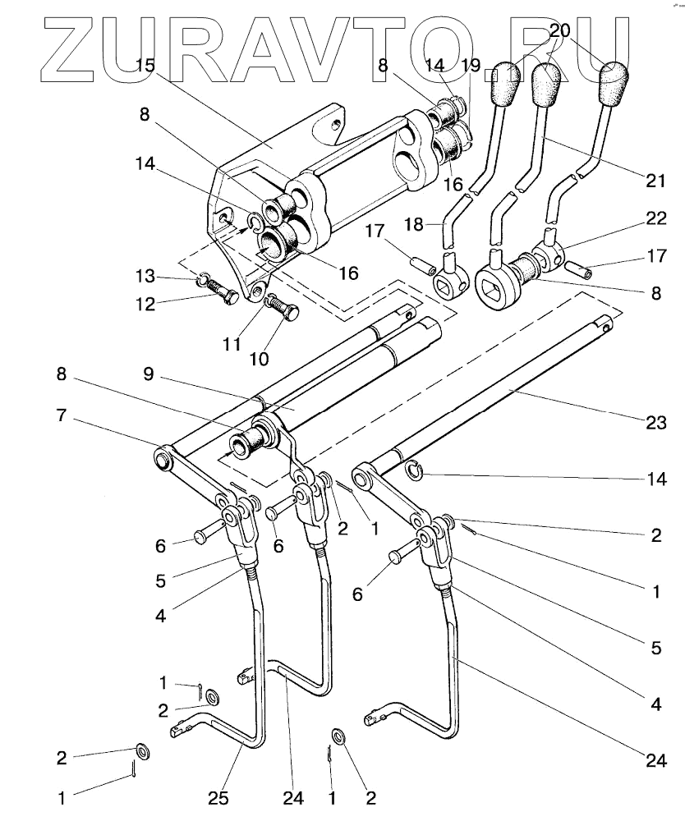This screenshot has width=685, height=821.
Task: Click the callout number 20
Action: pyautogui.click(x=559, y=31)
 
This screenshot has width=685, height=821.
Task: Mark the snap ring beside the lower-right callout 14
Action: pyautogui.click(x=416, y=470)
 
